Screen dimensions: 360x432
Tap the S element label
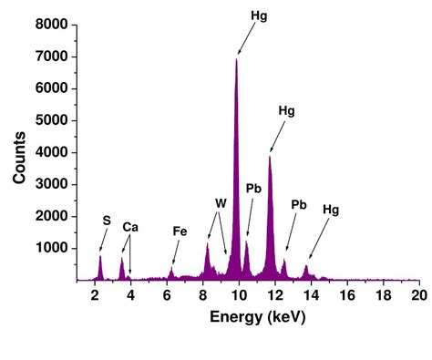[108, 220]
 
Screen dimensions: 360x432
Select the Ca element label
[130, 227]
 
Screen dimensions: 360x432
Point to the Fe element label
[180, 231]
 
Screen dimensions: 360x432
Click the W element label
[220, 203]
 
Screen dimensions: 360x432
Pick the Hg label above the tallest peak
[259, 16]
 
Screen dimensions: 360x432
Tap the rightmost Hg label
[330, 209]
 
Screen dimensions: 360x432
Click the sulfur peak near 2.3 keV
[100, 258]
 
